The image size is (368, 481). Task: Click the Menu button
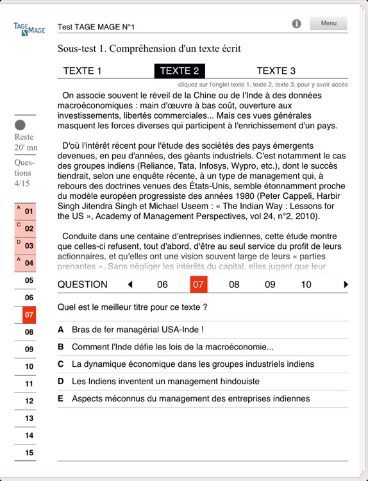point(328,24)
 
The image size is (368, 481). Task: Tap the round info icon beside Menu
point(296,24)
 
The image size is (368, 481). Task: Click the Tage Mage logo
point(29,28)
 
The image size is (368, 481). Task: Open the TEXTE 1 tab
point(82,71)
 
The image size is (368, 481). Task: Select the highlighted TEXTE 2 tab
point(180,71)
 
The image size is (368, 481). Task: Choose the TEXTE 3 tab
point(276,71)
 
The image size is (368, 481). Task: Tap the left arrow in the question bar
point(130,285)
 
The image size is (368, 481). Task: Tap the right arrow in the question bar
point(347,285)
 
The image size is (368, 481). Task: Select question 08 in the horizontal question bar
point(234,285)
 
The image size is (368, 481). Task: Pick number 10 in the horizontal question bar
point(306,285)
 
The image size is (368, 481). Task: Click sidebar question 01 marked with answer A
point(26,211)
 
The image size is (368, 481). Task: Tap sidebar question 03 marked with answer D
point(26,246)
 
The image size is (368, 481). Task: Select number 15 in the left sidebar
point(29,453)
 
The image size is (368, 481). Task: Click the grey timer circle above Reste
point(20,125)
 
